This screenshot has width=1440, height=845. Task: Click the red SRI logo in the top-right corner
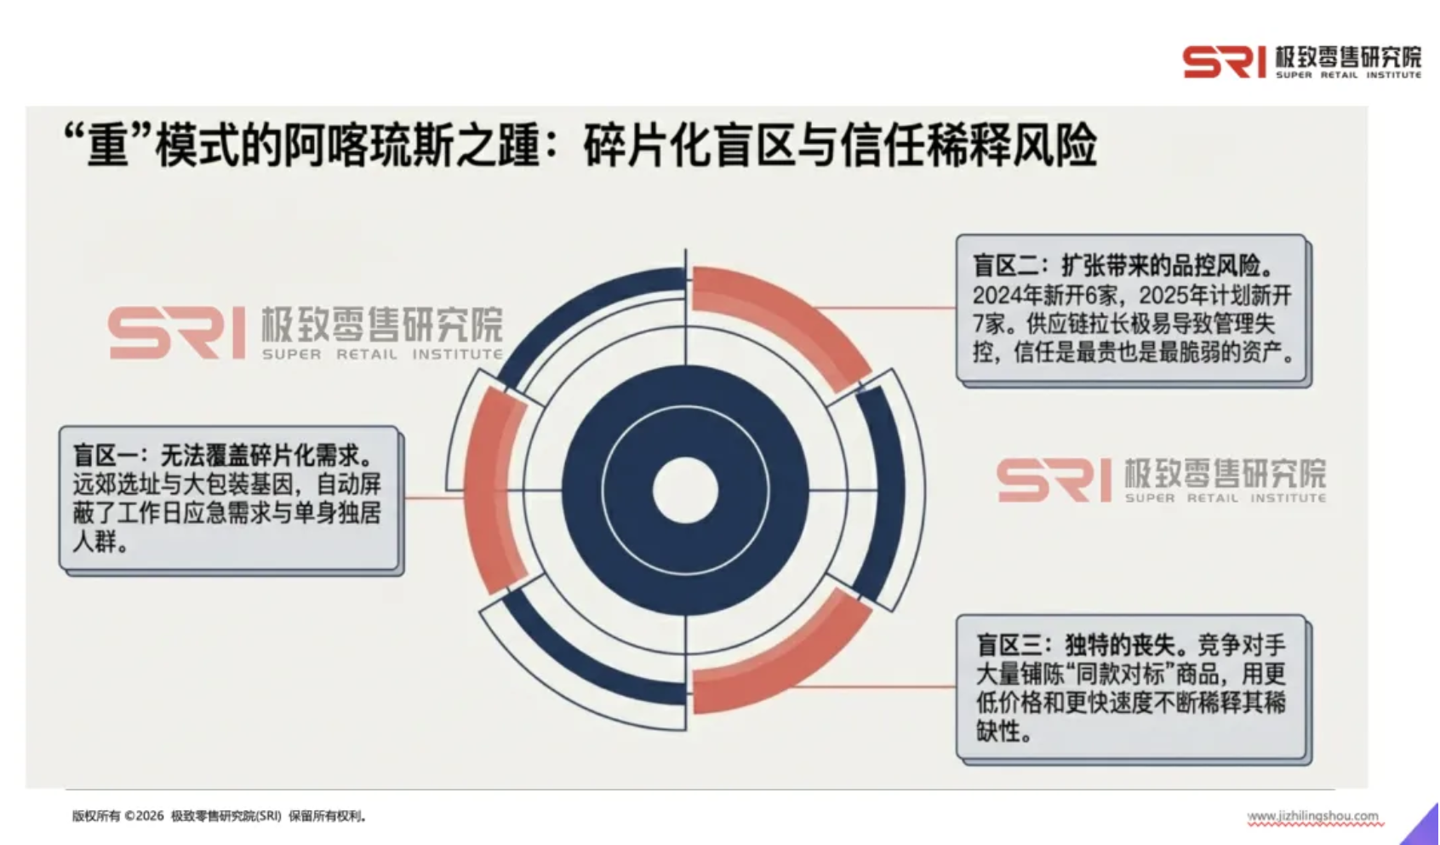1224,61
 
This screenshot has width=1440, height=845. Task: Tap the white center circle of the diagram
685,490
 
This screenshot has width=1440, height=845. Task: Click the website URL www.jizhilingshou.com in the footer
1312,816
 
